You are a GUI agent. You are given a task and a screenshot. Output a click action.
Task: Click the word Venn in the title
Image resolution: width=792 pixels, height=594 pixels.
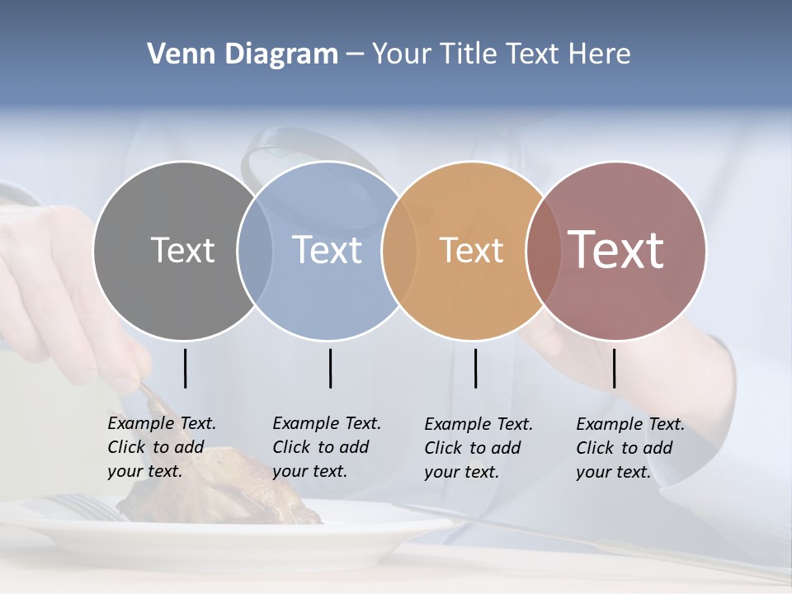(174, 54)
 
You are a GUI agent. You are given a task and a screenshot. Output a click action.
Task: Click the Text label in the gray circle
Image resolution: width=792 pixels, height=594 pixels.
(182, 250)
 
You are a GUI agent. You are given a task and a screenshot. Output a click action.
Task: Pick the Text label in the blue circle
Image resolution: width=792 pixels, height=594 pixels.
(327, 250)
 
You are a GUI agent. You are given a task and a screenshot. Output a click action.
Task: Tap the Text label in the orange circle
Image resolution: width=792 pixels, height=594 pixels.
(471, 250)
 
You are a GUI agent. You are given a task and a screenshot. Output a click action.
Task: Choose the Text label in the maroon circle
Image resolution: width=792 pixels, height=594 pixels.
(615, 250)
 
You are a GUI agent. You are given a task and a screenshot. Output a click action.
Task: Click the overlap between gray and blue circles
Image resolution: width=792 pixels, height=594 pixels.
(255, 250)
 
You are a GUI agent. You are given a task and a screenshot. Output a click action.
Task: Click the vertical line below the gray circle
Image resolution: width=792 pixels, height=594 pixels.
(185, 368)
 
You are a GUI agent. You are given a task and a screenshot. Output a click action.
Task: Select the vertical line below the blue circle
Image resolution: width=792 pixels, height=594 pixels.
(330, 368)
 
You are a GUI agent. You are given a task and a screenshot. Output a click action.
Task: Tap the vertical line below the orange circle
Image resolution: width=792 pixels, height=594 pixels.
(475, 368)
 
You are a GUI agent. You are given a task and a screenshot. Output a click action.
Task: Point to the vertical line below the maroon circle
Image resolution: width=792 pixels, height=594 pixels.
(614, 368)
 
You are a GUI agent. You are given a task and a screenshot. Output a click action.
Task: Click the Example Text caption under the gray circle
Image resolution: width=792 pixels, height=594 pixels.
(162, 447)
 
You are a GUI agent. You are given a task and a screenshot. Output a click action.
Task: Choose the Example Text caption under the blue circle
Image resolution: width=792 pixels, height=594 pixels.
(327, 447)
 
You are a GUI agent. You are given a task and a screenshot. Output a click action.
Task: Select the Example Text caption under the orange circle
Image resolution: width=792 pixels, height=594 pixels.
(478, 448)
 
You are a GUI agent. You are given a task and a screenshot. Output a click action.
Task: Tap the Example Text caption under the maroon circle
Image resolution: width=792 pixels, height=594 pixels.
(630, 448)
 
